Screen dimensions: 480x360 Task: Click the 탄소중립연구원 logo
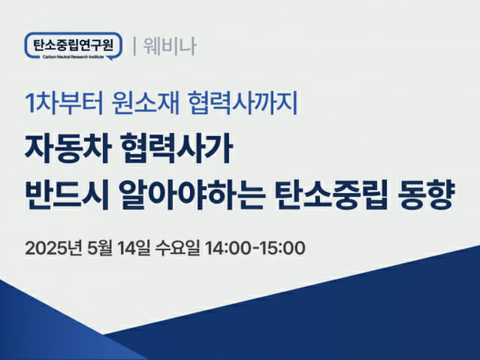[x=74, y=46]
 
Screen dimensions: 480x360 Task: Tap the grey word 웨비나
[x=170, y=47]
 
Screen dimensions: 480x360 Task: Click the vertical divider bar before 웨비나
[x=134, y=47]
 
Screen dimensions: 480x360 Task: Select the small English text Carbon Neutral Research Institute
[x=73, y=57]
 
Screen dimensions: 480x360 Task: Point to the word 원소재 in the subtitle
[x=146, y=103]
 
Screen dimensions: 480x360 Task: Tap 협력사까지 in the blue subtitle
[x=243, y=103]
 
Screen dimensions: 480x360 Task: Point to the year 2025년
[x=53, y=248]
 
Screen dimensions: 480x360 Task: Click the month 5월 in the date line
[x=100, y=248]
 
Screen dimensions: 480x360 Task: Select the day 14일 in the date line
[x=134, y=248]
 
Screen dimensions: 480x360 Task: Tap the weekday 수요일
[x=177, y=248]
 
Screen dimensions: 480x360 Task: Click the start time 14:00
[x=228, y=248]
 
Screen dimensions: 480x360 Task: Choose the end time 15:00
[x=282, y=248]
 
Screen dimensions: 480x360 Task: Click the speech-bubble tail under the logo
[x=110, y=58]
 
